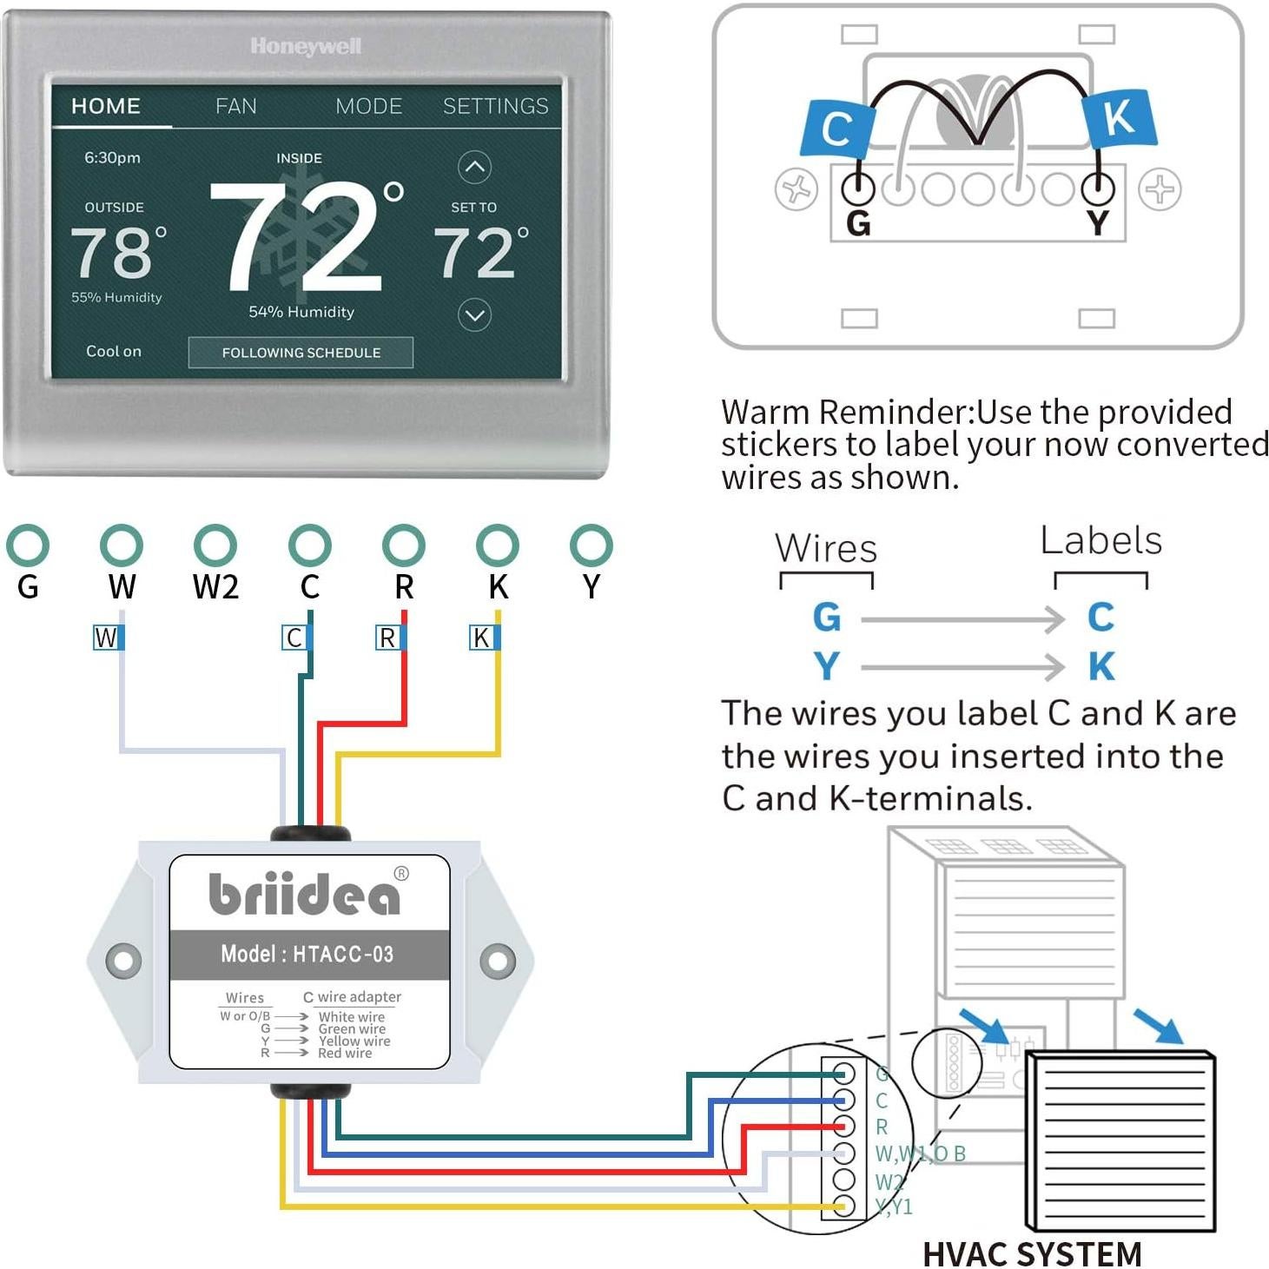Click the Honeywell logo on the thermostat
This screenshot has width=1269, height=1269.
(x=306, y=46)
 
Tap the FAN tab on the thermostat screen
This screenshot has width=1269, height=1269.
(x=235, y=106)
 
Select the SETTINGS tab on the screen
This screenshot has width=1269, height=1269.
(x=495, y=106)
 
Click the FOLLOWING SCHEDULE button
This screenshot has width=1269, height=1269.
(x=301, y=353)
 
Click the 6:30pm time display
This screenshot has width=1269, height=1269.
(x=112, y=157)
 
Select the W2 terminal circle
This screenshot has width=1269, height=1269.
(x=215, y=545)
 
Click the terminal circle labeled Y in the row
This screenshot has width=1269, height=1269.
(x=591, y=545)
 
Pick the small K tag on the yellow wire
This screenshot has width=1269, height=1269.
(x=484, y=638)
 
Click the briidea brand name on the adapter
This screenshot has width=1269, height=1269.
(x=305, y=894)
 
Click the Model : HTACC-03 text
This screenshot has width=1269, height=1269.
(x=307, y=954)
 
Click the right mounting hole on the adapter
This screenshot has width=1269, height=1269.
(x=498, y=961)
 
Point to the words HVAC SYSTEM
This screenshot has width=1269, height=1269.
(x=1032, y=1253)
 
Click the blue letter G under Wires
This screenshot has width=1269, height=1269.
(x=826, y=618)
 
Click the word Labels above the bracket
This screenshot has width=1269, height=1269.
(x=1100, y=540)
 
